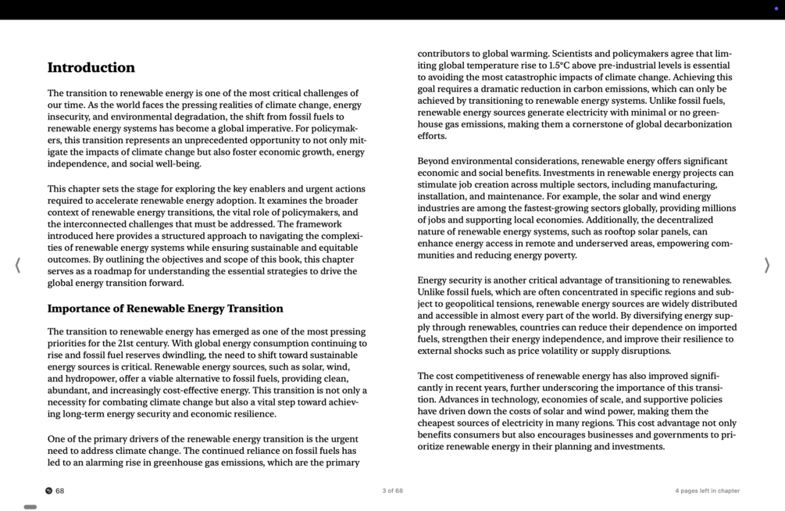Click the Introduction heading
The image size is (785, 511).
(x=91, y=68)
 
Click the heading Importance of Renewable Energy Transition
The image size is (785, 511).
(x=166, y=309)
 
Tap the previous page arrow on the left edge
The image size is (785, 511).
(x=18, y=266)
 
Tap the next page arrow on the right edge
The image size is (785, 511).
(x=766, y=266)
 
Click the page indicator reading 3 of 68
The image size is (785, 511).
(x=392, y=491)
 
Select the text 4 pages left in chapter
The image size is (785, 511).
(x=707, y=491)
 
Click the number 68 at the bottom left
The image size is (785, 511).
(x=60, y=491)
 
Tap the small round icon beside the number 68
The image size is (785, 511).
(x=48, y=491)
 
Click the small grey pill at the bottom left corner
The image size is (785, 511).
(x=30, y=507)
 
